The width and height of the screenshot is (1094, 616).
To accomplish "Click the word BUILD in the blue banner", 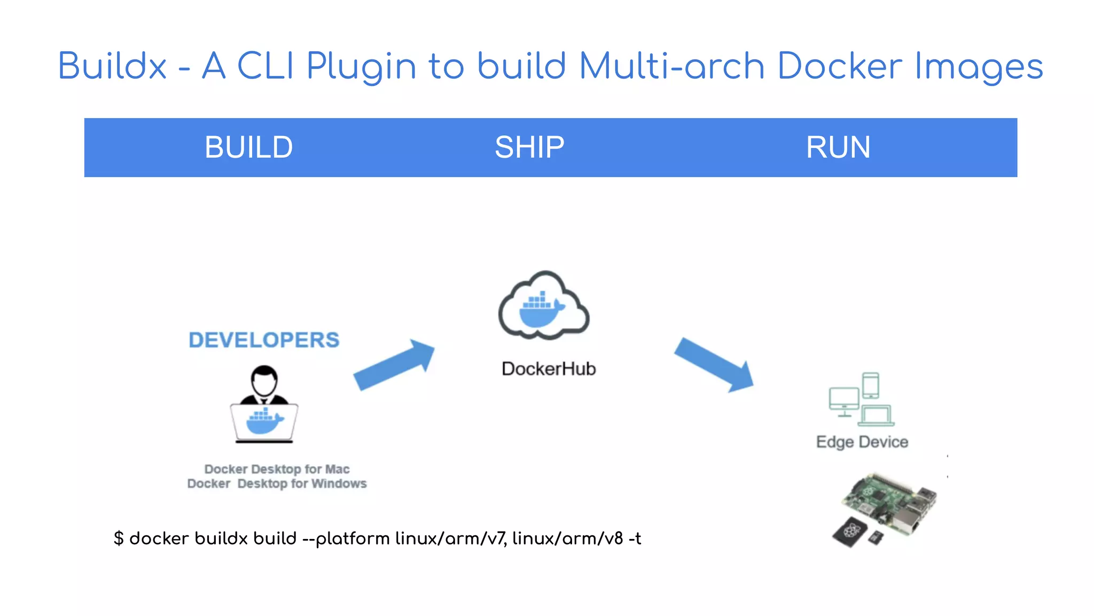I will [248, 148].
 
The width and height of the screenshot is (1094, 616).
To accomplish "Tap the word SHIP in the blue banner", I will [529, 148].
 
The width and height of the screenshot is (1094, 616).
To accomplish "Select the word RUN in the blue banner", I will [838, 148].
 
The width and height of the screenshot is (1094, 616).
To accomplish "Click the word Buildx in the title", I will [112, 66].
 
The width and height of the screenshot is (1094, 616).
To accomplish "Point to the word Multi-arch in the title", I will [671, 66].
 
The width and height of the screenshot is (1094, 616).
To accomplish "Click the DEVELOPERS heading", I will [264, 340].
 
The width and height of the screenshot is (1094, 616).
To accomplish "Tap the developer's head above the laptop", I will [264, 381].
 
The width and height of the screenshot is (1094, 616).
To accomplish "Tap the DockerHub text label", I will [549, 369].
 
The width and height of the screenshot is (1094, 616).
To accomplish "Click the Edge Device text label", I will [862, 442].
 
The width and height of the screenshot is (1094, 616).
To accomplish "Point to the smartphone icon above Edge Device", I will [871, 386].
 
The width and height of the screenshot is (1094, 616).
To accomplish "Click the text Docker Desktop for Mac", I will [277, 469].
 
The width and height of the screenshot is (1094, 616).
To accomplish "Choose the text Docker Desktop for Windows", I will [277, 484].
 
